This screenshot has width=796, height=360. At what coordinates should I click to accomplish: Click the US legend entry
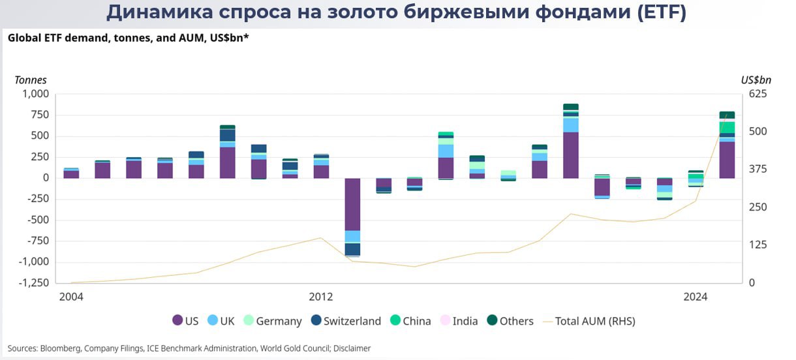(185, 321)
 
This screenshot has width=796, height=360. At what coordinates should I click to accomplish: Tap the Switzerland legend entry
(345, 321)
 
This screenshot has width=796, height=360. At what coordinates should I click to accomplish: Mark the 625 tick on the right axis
(756, 94)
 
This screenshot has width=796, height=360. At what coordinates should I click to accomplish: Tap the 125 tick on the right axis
(756, 245)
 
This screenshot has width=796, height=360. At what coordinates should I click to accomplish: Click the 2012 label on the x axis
(321, 297)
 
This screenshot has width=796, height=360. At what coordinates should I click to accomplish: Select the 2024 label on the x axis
(696, 297)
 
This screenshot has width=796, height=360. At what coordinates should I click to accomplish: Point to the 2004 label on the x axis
(71, 297)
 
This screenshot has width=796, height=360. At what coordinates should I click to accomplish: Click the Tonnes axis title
(31, 80)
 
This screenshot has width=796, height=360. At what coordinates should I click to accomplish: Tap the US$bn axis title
(756, 80)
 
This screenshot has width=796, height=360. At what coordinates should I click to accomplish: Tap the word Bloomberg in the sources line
(60, 348)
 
